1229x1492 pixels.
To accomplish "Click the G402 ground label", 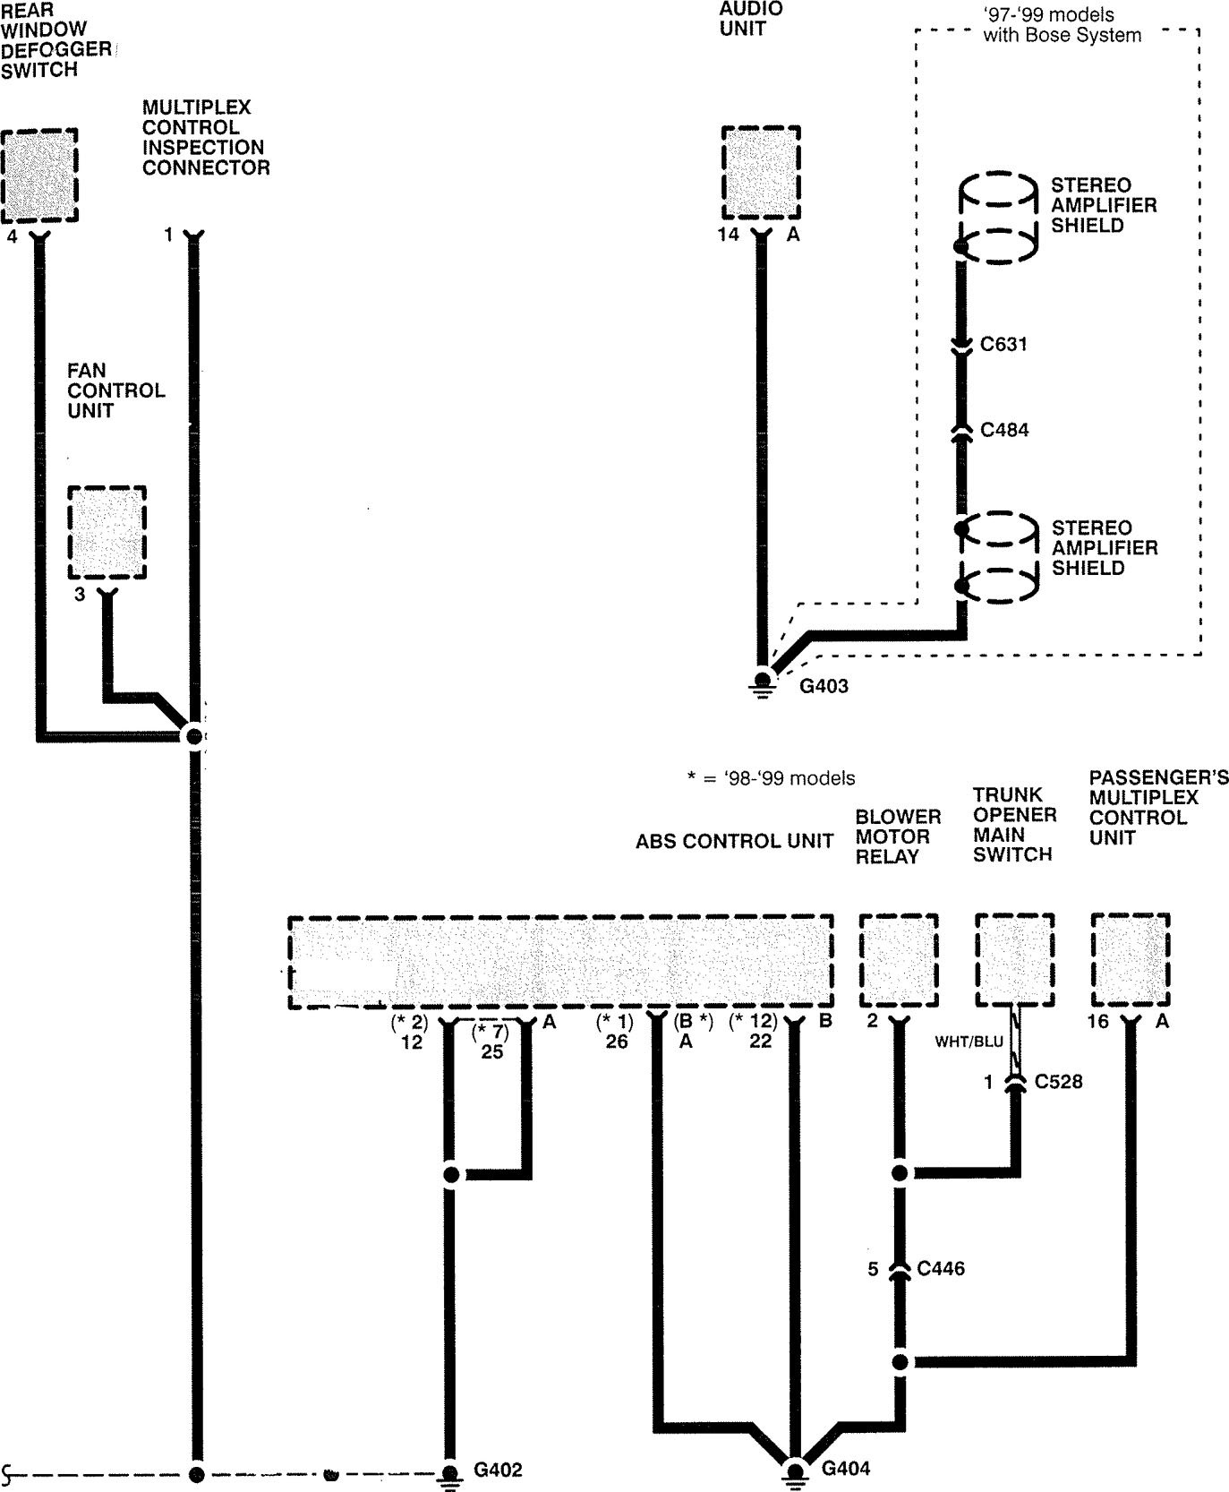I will pyautogui.click(x=497, y=1470).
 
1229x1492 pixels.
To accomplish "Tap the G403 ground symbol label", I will pyautogui.click(x=824, y=686).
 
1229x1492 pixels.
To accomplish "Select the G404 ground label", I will pyautogui.click(x=845, y=1468).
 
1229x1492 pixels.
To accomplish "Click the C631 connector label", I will pyautogui.click(x=1003, y=344).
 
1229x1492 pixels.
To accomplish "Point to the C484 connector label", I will pyautogui.click(x=1004, y=430).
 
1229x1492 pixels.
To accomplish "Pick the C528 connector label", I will pyautogui.click(x=1058, y=1081).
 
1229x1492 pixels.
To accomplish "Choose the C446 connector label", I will pyautogui.click(x=941, y=1268).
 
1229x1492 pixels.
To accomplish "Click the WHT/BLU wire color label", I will pyautogui.click(x=969, y=1042).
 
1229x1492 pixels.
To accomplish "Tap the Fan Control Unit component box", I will pyautogui.click(x=107, y=533).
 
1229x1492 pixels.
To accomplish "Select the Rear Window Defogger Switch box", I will pyautogui.click(x=38, y=176).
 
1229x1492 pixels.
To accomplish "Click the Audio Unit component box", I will pyautogui.click(x=761, y=172).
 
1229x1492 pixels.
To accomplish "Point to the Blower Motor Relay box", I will pyautogui.click(x=899, y=961).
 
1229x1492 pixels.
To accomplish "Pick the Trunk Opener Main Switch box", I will pyautogui.click(x=1014, y=961).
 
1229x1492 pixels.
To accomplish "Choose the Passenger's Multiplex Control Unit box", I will pyautogui.click(x=1131, y=961).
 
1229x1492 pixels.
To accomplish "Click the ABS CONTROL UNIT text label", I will pyautogui.click(x=734, y=841).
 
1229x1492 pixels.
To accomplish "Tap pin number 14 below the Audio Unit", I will pyautogui.click(x=728, y=235).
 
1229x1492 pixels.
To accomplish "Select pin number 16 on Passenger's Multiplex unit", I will pyautogui.click(x=1098, y=1022).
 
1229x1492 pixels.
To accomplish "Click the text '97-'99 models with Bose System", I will pyautogui.click(x=1062, y=25).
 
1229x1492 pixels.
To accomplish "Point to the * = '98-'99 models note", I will pyautogui.click(x=771, y=778).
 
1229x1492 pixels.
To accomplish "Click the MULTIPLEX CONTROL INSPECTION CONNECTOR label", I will pyautogui.click(x=205, y=137).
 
